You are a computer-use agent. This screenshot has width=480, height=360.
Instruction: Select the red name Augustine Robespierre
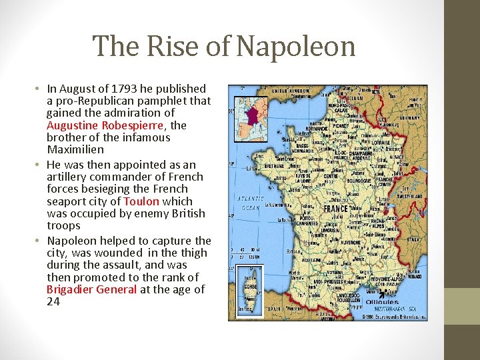pyautogui.click(x=117, y=125)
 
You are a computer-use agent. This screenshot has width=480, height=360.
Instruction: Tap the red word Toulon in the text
pyautogui.click(x=141, y=201)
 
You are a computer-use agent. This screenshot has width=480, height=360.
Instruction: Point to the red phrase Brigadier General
pyautogui.click(x=91, y=289)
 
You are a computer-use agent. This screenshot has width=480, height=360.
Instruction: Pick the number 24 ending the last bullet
pyautogui.click(x=53, y=301)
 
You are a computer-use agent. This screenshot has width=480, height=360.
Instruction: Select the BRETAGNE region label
pyautogui.click(x=254, y=167)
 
